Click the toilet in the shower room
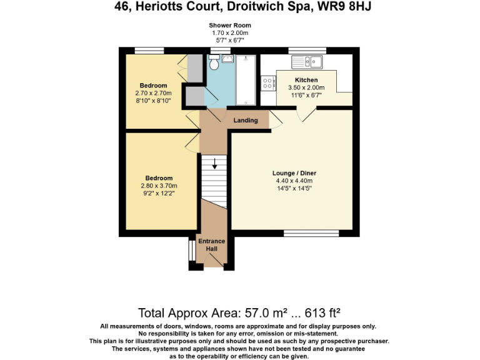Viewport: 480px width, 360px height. click(214, 62)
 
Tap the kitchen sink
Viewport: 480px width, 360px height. click(307, 62)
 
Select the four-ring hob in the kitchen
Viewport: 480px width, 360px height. click(268, 83)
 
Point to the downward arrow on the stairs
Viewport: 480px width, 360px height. click(214, 164)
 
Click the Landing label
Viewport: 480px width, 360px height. click(246, 120)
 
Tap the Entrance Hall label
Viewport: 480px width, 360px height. click(211, 245)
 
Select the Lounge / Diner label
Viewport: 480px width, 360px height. click(294, 173)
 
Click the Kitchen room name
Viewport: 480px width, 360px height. click(306, 80)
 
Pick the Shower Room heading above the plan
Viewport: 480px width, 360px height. click(230, 26)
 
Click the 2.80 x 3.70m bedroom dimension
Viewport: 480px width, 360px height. click(159, 186)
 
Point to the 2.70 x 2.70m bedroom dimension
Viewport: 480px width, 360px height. click(153, 93)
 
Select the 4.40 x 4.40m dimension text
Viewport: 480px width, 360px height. click(294, 181)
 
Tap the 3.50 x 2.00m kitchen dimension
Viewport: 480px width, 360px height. click(306, 87)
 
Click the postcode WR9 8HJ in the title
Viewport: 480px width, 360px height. click(344, 6)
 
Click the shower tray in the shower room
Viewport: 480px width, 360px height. click(246, 80)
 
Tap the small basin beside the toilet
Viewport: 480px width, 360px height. click(227, 59)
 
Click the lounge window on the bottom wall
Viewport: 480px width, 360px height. click(311, 234)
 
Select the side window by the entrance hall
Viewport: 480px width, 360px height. click(192, 251)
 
